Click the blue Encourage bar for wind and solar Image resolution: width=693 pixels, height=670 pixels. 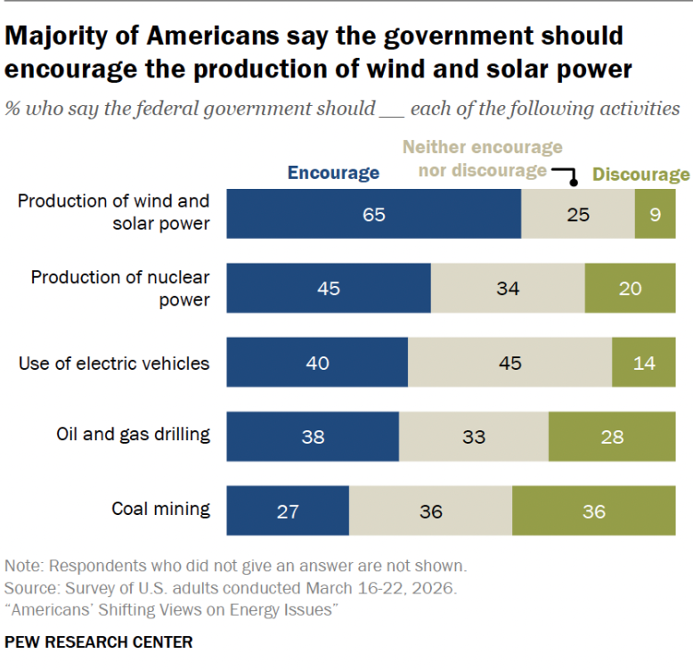[374, 214]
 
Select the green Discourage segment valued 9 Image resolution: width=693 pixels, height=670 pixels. [655, 214]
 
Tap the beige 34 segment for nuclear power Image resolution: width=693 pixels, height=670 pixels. [508, 288]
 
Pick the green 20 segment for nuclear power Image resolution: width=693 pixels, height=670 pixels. [631, 288]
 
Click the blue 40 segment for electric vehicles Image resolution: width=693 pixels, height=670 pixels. [317, 363]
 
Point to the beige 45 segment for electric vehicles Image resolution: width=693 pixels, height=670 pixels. [510, 363]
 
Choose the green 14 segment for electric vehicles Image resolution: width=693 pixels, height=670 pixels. [644, 363]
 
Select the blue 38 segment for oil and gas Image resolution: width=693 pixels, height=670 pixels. [313, 437]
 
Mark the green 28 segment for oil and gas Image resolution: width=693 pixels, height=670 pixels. [612, 437]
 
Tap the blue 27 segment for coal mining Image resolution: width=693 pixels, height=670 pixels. [288, 511]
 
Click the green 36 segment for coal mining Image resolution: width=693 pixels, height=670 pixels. [594, 511]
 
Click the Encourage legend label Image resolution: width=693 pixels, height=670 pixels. [334, 173]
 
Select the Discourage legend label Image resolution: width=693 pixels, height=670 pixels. [640, 175]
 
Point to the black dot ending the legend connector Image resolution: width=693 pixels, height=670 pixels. [574, 183]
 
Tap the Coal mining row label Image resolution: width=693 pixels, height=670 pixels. [161, 509]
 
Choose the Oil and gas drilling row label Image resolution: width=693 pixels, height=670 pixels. [133, 435]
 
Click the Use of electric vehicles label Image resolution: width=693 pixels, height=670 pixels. [114, 364]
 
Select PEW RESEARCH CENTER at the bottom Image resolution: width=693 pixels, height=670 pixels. [99, 642]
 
